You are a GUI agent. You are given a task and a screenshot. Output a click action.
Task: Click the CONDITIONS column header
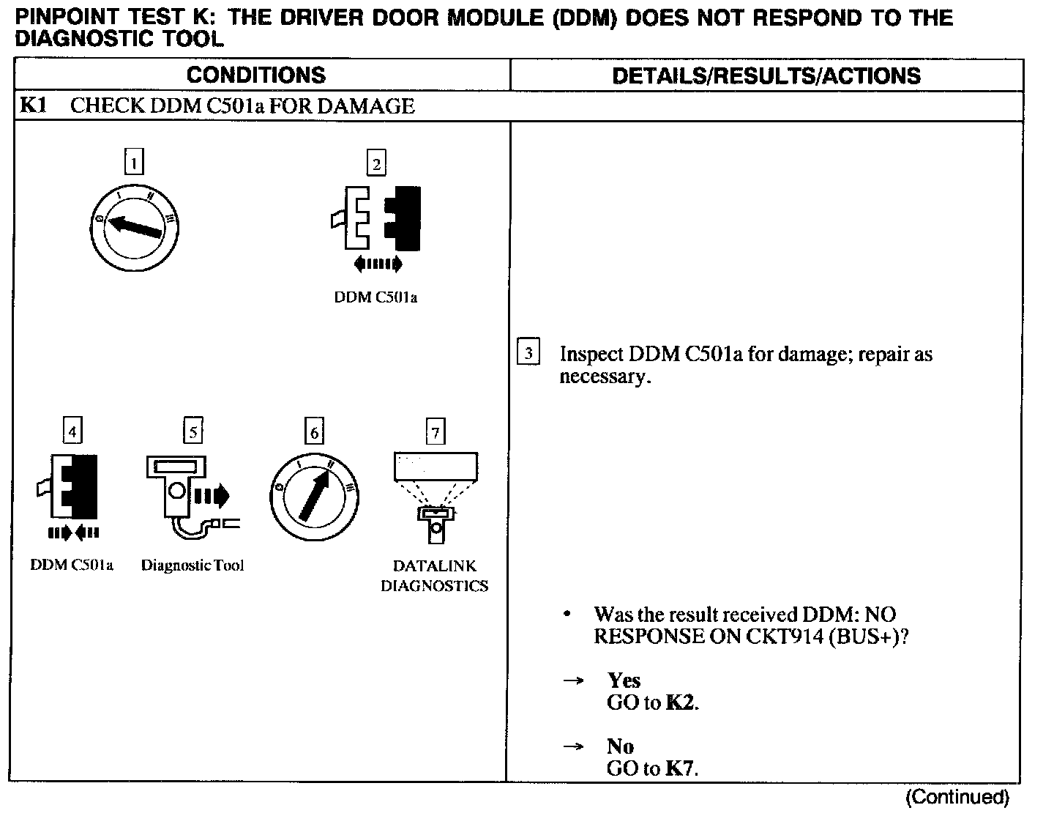256,75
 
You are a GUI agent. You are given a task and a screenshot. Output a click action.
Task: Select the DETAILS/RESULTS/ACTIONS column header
766,75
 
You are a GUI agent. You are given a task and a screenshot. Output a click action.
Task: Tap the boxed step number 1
135,161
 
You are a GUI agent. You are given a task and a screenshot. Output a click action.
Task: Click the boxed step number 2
376,163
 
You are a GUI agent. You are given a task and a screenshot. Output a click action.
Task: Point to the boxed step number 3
528,352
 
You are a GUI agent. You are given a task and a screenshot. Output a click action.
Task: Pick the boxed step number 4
72,431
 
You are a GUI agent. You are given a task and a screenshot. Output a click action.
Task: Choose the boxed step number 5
193,431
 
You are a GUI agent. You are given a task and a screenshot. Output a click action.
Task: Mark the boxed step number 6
314,432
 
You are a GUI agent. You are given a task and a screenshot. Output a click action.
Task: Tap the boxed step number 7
436,432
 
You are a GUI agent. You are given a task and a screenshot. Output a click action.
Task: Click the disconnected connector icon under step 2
376,218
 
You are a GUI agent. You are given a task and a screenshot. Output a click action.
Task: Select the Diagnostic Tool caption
193,565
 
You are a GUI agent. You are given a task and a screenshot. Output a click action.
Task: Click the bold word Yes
624,680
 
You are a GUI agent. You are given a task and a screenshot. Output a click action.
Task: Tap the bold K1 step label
33,106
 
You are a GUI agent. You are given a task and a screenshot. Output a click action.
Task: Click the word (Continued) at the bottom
957,797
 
